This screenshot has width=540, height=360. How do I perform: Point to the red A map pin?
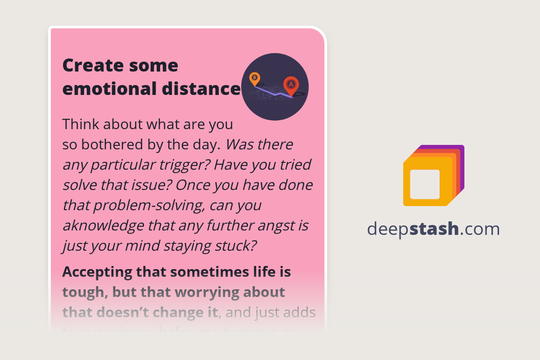(x=291, y=85)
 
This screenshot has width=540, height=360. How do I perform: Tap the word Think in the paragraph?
(x=79, y=124)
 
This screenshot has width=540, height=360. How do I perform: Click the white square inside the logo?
(x=425, y=184)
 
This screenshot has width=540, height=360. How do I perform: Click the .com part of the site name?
(x=480, y=229)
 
